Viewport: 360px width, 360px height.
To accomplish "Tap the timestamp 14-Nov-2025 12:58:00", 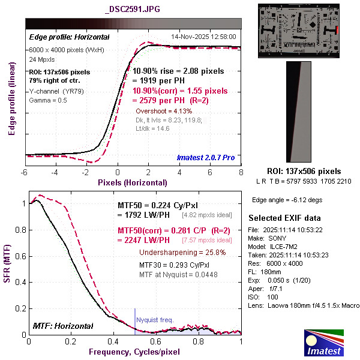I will [205, 36].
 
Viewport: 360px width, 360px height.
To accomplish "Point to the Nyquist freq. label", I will [155, 320].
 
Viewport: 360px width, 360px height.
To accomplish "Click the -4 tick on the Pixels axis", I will [55, 173].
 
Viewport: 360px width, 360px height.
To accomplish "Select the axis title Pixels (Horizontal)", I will [133, 182].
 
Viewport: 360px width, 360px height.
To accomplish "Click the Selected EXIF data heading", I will [285, 217].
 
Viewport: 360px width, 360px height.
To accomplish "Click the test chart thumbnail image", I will [300, 30].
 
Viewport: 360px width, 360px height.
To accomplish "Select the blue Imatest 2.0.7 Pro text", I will [205, 158].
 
